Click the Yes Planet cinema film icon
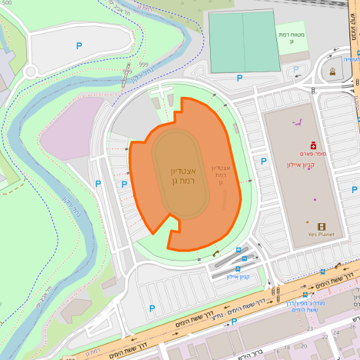click(321, 226)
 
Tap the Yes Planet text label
click(321, 234)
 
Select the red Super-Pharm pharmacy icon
click(313, 145)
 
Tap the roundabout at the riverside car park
click(30, 71)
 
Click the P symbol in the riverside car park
click(79, 46)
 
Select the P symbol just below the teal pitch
click(239, 78)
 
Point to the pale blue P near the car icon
click(298, 68)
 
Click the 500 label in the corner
click(7, 3)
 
